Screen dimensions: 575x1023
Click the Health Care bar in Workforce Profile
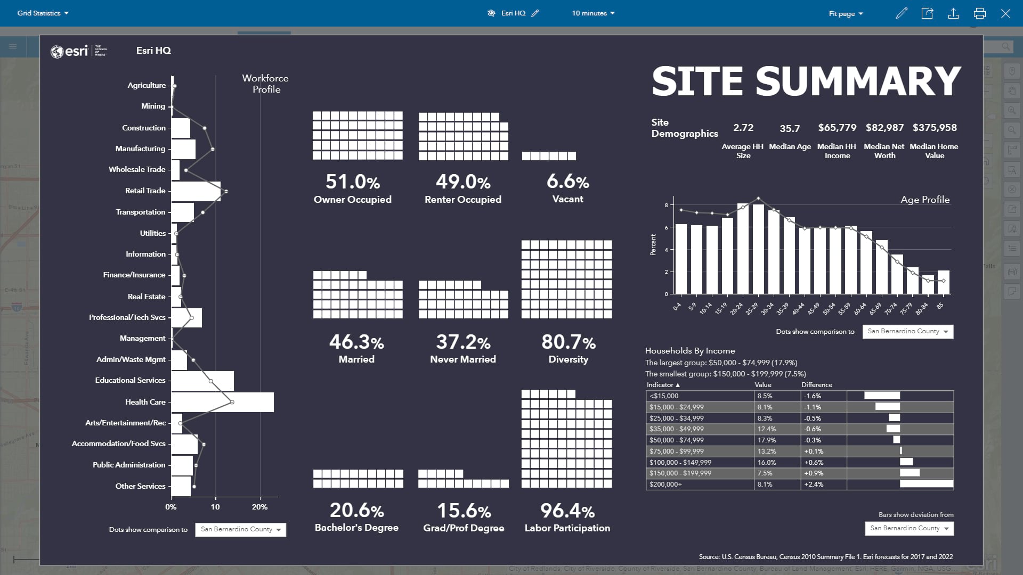pyautogui.click(x=222, y=402)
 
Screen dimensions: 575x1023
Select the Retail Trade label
pyautogui.click(x=145, y=191)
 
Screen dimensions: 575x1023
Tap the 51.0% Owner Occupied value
pyautogui.click(x=352, y=182)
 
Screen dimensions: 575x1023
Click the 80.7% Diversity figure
pyautogui.click(x=568, y=342)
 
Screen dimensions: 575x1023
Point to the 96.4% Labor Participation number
pyautogui.click(x=567, y=511)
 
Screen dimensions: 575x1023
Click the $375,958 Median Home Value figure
pyautogui.click(x=934, y=128)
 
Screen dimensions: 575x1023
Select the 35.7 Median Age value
pyautogui.click(x=790, y=128)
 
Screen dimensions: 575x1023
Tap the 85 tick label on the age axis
pyautogui.click(x=940, y=306)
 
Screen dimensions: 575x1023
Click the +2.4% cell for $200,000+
pyautogui.click(x=814, y=484)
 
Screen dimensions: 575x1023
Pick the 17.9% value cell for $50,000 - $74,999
pyautogui.click(x=766, y=440)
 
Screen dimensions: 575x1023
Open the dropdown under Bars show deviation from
pyautogui.click(x=909, y=528)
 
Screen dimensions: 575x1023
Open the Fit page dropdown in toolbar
pyautogui.click(x=846, y=13)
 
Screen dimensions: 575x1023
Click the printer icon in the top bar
pyautogui.click(x=979, y=13)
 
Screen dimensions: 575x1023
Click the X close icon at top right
pyautogui.click(x=1005, y=13)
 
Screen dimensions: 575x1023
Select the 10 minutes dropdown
pyautogui.click(x=593, y=13)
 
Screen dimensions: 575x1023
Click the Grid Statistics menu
pyautogui.click(x=43, y=13)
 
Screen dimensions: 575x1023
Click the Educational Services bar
pyautogui.click(x=202, y=381)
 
